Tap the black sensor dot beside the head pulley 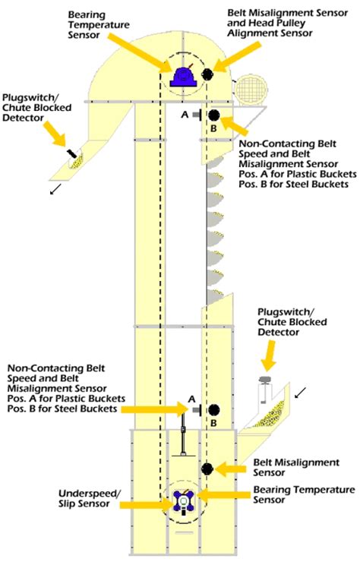[x=207, y=74]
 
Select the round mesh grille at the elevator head [x=251, y=88]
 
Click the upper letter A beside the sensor [x=185, y=115]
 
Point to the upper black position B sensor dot [x=213, y=115]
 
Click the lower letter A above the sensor [x=192, y=399]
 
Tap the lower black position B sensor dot [x=213, y=409]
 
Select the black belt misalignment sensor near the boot [x=207, y=469]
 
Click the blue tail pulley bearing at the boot [x=184, y=501]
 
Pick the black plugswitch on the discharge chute [x=71, y=153]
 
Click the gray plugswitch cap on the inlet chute [x=265, y=379]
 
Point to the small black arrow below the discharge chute [x=55, y=189]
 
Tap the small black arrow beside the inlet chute [x=301, y=393]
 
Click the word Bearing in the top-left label [x=87, y=15]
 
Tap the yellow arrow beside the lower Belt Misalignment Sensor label [x=231, y=469]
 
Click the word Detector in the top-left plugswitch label [x=23, y=118]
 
